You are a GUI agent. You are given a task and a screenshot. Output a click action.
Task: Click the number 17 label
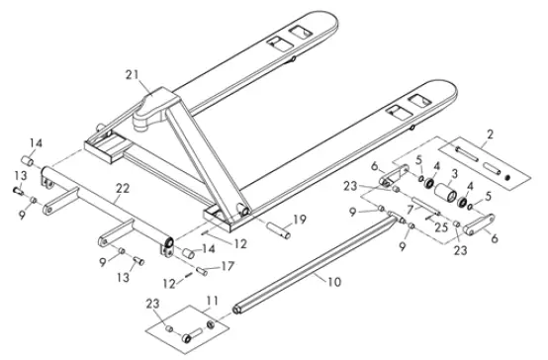[227, 265]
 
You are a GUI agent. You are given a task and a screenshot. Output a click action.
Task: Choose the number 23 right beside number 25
[459, 250]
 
